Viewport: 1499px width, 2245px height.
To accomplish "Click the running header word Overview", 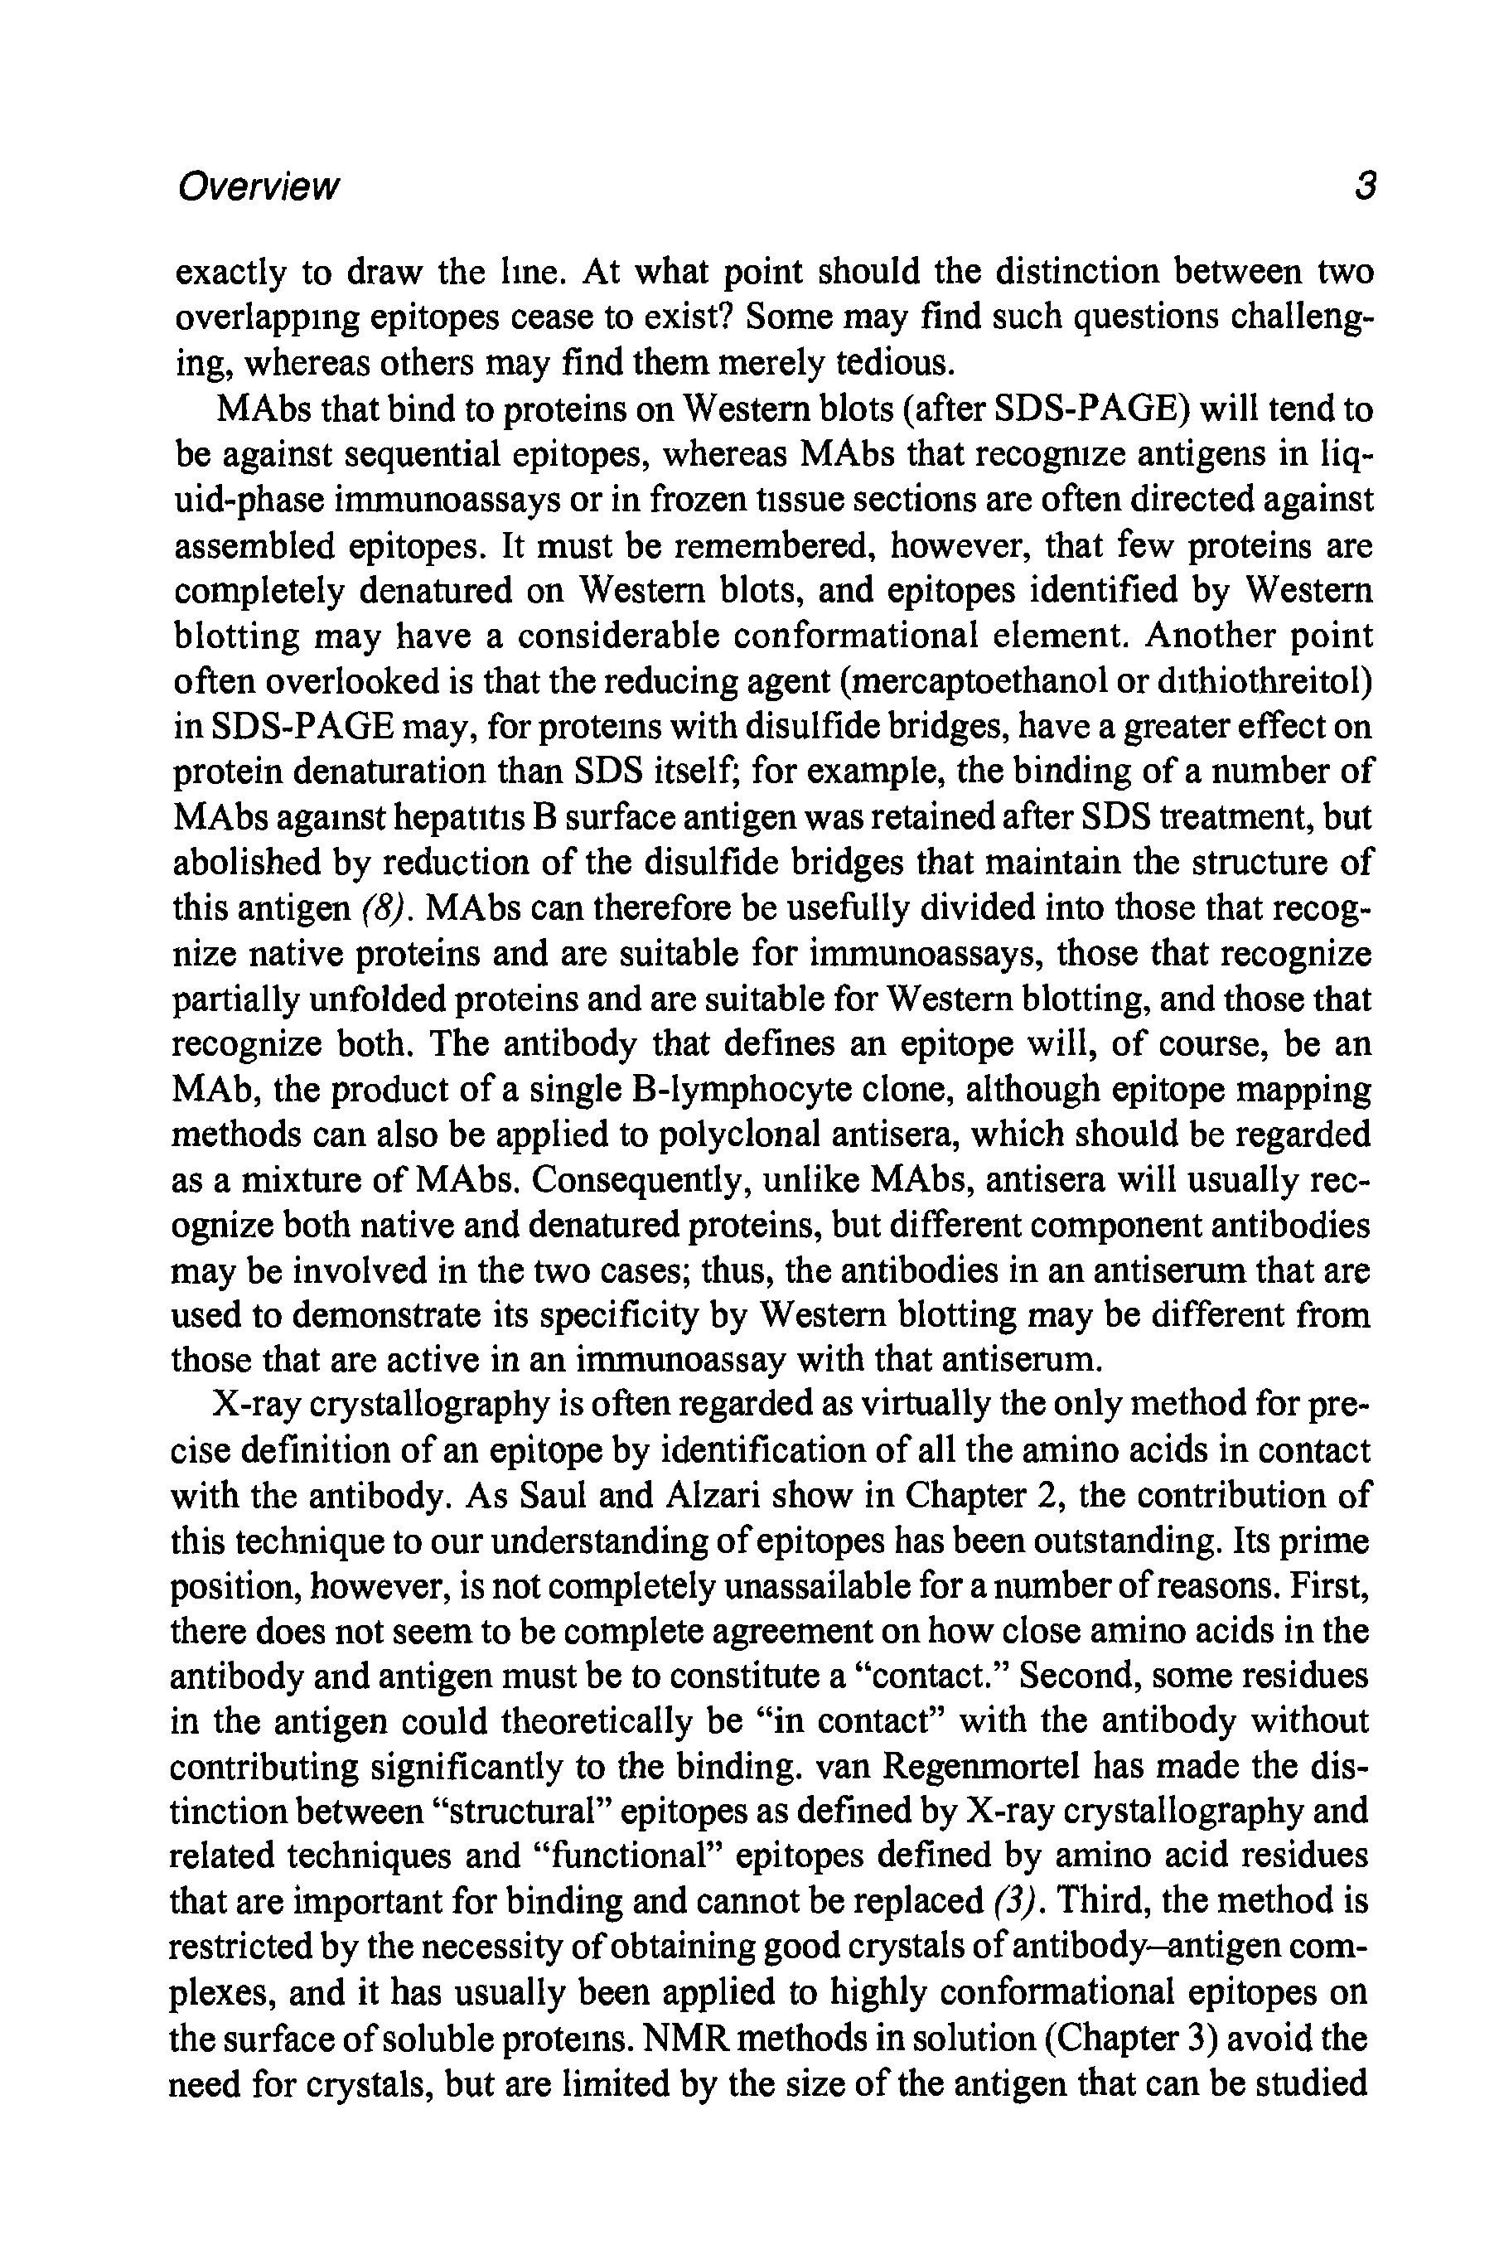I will (257, 186).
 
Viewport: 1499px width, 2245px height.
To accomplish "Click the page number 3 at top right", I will (1363, 186).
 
